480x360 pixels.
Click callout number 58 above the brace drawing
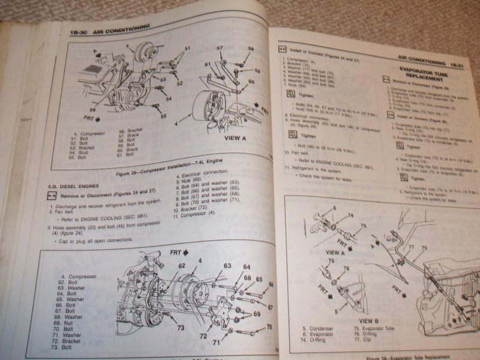click(x=250, y=49)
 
